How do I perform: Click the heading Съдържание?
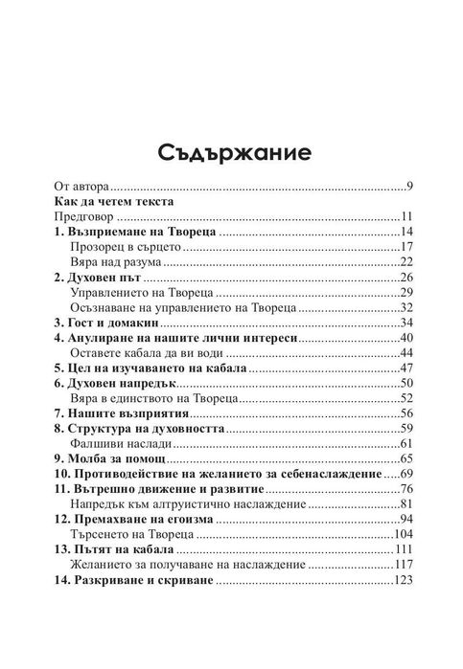[x=231, y=152]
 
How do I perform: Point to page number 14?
[x=405, y=233]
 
